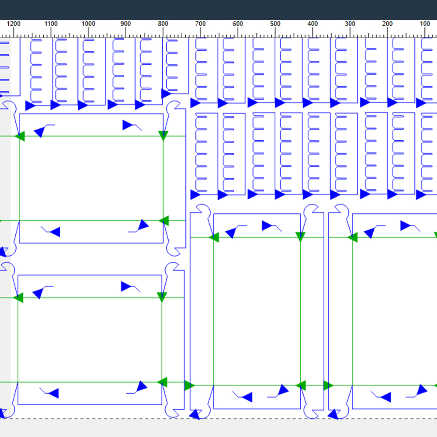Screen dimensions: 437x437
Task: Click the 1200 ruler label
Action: point(14,24)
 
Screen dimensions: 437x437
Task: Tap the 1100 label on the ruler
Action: point(51,24)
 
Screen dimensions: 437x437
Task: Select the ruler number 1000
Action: point(88,24)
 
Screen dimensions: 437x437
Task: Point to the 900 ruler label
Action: point(126,24)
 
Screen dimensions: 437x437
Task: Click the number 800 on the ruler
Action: point(163,24)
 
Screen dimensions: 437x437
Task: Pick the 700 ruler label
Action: point(201,24)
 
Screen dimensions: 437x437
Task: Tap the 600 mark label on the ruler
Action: point(238,24)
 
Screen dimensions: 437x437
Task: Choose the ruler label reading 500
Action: point(275,24)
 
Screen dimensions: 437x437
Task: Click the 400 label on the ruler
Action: point(312,24)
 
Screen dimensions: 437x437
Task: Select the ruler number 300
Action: point(350,24)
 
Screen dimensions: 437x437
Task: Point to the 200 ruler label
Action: point(387,24)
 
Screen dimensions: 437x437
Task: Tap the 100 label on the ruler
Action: point(425,24)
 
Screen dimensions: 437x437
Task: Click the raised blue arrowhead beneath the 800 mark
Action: point(166,94)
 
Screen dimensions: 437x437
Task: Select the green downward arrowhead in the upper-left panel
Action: point(163,135)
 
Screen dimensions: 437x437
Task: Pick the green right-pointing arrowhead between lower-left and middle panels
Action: point(190,385)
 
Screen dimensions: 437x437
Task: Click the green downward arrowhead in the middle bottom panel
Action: point(300,236)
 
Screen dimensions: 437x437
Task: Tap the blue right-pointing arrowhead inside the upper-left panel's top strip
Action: point(128,125)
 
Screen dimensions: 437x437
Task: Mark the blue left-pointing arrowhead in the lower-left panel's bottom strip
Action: point(53,393)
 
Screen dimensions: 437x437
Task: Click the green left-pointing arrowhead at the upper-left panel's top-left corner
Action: point(20,136)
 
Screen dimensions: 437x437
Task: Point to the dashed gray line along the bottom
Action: point(218,419)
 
